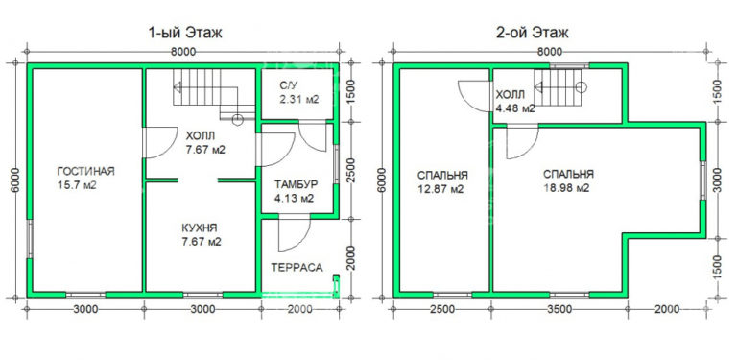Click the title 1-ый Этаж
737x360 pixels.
tap(185, 33)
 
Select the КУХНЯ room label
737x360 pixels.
tap(199, 228)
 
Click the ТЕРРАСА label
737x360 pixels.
tap(297, 268)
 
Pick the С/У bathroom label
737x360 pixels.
tap(291, 85)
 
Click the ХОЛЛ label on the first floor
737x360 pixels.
tap(202, 136)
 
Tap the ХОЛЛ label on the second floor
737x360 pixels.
tap(510, 95)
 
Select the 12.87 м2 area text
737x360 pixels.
tap(442, 190)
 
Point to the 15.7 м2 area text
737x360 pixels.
tap(85, 185)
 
